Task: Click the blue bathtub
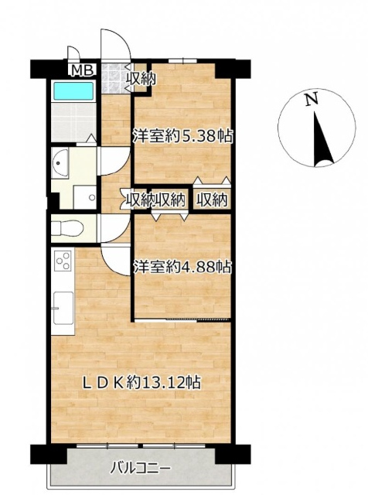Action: (74, 91)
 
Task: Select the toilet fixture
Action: (67, 227)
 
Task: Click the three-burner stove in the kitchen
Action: (63, 261)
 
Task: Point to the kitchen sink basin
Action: (63, 308)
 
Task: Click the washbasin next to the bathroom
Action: (60, 162)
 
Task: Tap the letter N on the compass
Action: (312, 100)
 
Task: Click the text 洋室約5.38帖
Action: (182, 137)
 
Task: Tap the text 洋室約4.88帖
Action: (182, 267)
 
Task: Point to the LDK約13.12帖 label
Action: (141, 383)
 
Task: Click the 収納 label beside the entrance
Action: (141, 79)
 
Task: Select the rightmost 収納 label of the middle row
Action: (212, 200)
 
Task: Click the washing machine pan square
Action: (84, 197)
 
